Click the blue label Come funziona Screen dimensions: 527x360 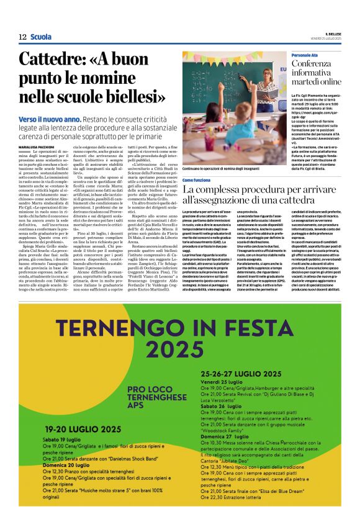pos(196,179)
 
